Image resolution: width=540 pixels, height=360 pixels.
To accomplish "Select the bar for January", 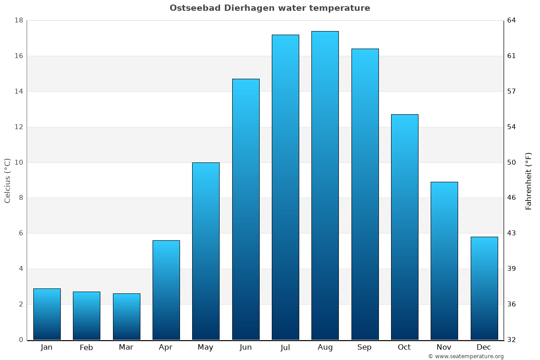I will coord(47,314).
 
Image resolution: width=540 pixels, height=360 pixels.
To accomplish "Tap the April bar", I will coord(166,290).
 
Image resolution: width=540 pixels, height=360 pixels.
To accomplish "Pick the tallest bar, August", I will coord(325,185).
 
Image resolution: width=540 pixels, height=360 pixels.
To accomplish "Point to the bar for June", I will coord(246,209).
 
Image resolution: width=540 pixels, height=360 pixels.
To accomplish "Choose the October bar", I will coord(405,227).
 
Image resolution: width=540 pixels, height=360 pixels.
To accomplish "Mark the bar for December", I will coord(484,288).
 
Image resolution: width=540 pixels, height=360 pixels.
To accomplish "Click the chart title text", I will coord(270,8).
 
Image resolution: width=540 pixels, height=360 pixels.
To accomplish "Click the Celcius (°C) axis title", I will coord(8,180).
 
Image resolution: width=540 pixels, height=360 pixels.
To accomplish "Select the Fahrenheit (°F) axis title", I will coord(529,180).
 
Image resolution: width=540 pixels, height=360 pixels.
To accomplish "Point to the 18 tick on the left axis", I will coord(19,21).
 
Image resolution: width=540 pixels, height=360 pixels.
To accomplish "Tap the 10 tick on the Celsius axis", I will coord(19,162).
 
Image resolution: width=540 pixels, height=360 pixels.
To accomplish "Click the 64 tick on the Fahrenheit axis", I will coord(512,21).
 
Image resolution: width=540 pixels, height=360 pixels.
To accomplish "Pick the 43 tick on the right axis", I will coord(512,233).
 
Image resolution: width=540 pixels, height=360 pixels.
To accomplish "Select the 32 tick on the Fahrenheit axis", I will coord(512,340).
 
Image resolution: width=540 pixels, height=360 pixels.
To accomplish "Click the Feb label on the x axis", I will coord(86,347).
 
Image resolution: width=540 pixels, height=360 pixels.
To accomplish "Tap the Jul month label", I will coord(285,347).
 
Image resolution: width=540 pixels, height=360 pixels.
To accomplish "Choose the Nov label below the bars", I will coord(444,347).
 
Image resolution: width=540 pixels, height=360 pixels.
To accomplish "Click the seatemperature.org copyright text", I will coord(466,356).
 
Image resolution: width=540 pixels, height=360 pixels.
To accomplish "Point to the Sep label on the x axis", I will coord(364,347).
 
